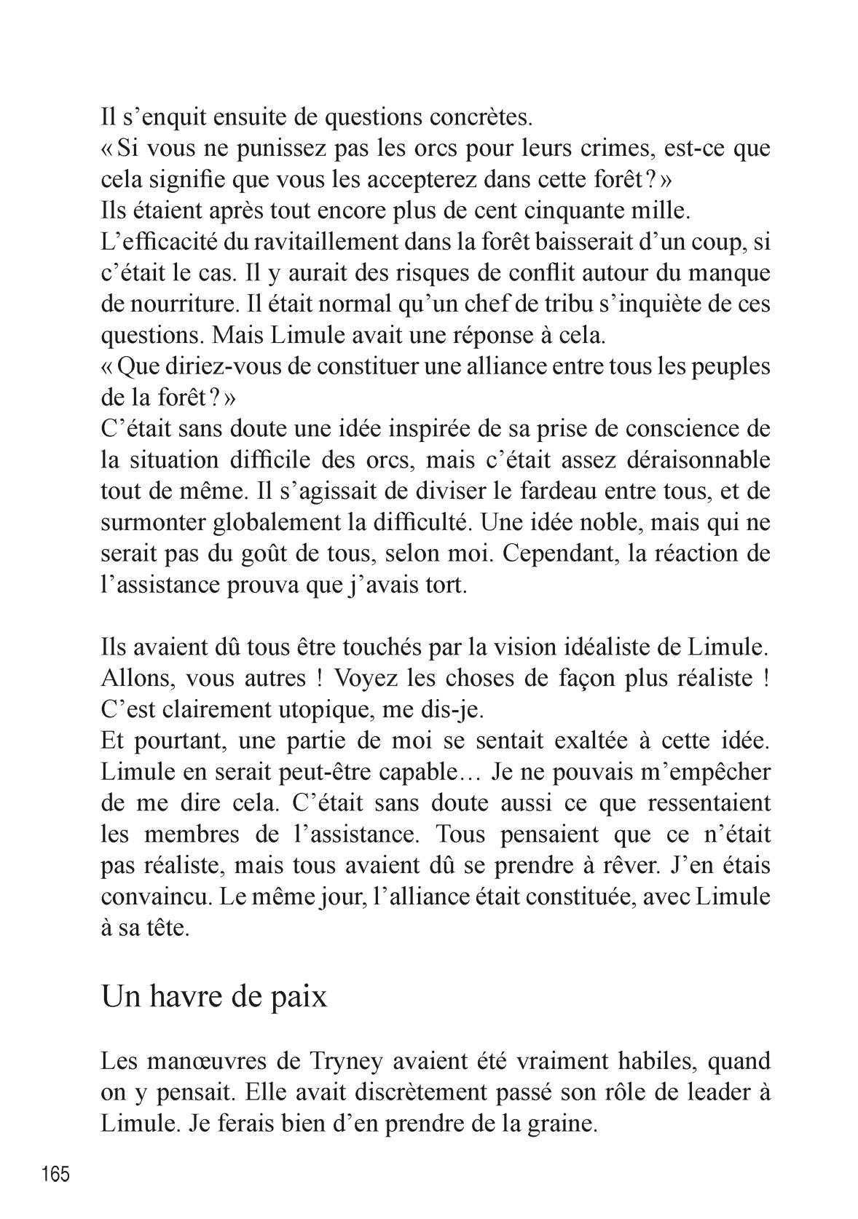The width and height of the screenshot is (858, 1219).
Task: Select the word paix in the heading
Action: tap(301, 996)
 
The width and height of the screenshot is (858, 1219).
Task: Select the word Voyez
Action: tap(366, 678)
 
